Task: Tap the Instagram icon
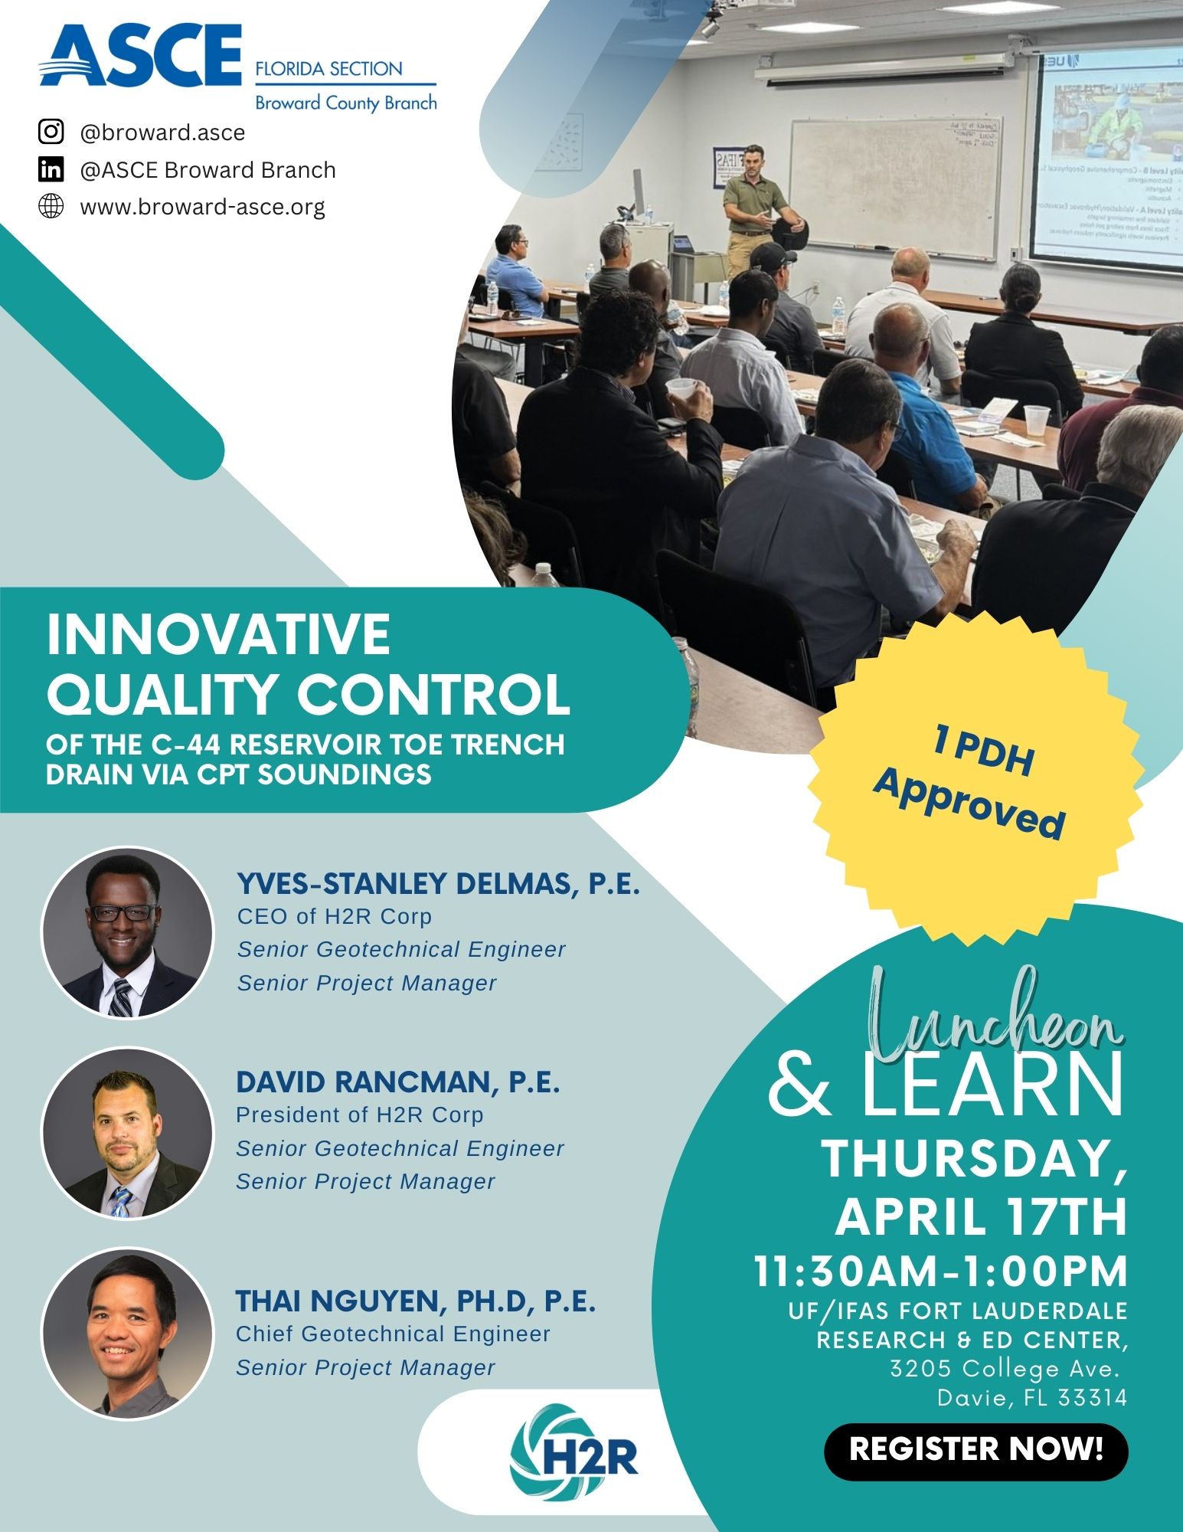click(x=51, y=132)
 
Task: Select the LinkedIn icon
click(x=51, y=169)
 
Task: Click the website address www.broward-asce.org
click(x=203, y=207)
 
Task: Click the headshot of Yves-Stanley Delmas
click(x=127, y=932)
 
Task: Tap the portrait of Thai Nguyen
click(x=127, y=1332)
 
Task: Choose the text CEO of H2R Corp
click(x=335, y=916)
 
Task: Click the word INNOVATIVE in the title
click(x=219, y=634)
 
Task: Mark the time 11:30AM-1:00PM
click(x=941, y=1271)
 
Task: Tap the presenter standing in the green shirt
click(x=756, y=208)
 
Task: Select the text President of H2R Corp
click(x=360, y=1115)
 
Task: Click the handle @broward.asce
click(x=163, y=133)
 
